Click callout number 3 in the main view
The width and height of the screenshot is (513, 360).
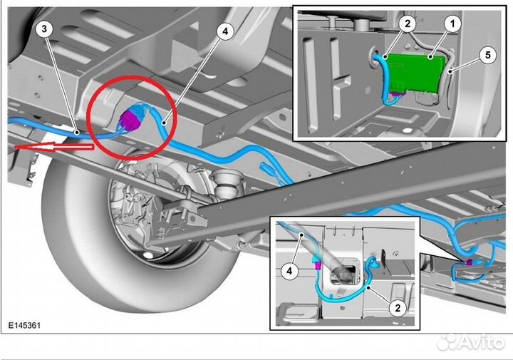click(x=44, y=29)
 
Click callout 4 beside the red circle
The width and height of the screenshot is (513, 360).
click(x=224, y=31)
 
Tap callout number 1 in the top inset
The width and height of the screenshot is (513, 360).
click(x=452, y=24)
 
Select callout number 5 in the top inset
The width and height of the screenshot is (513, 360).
click(x=488, y=55)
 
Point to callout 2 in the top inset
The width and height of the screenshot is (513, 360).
click(x=408, y=24)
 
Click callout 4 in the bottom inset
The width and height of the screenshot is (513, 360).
click(x=289, y=271)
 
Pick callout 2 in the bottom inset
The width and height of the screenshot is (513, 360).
click(x=398, y=308)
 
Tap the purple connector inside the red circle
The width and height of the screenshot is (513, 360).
click(x=130, y=120)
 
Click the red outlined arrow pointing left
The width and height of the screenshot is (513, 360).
click(x=54, y=147)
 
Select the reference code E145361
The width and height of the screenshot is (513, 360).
click(x=24, y=325)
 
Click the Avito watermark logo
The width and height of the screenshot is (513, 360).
click(x=472, y=342)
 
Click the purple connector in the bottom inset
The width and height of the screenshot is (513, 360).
click(x=317, y=264)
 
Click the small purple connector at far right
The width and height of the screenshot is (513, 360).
click(x=469, y=262)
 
